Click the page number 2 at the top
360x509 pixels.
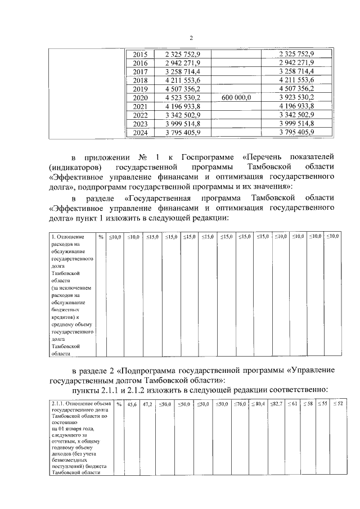click(191, 38)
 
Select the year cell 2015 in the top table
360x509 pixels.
click(139, 54)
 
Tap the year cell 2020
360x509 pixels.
click(139, 97)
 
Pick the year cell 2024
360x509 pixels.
click(139, 132)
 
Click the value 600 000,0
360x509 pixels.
click(237, 97)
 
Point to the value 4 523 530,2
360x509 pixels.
click(183, 97)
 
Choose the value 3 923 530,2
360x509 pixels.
click(296, 97)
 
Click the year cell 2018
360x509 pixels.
click(139, 80)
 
